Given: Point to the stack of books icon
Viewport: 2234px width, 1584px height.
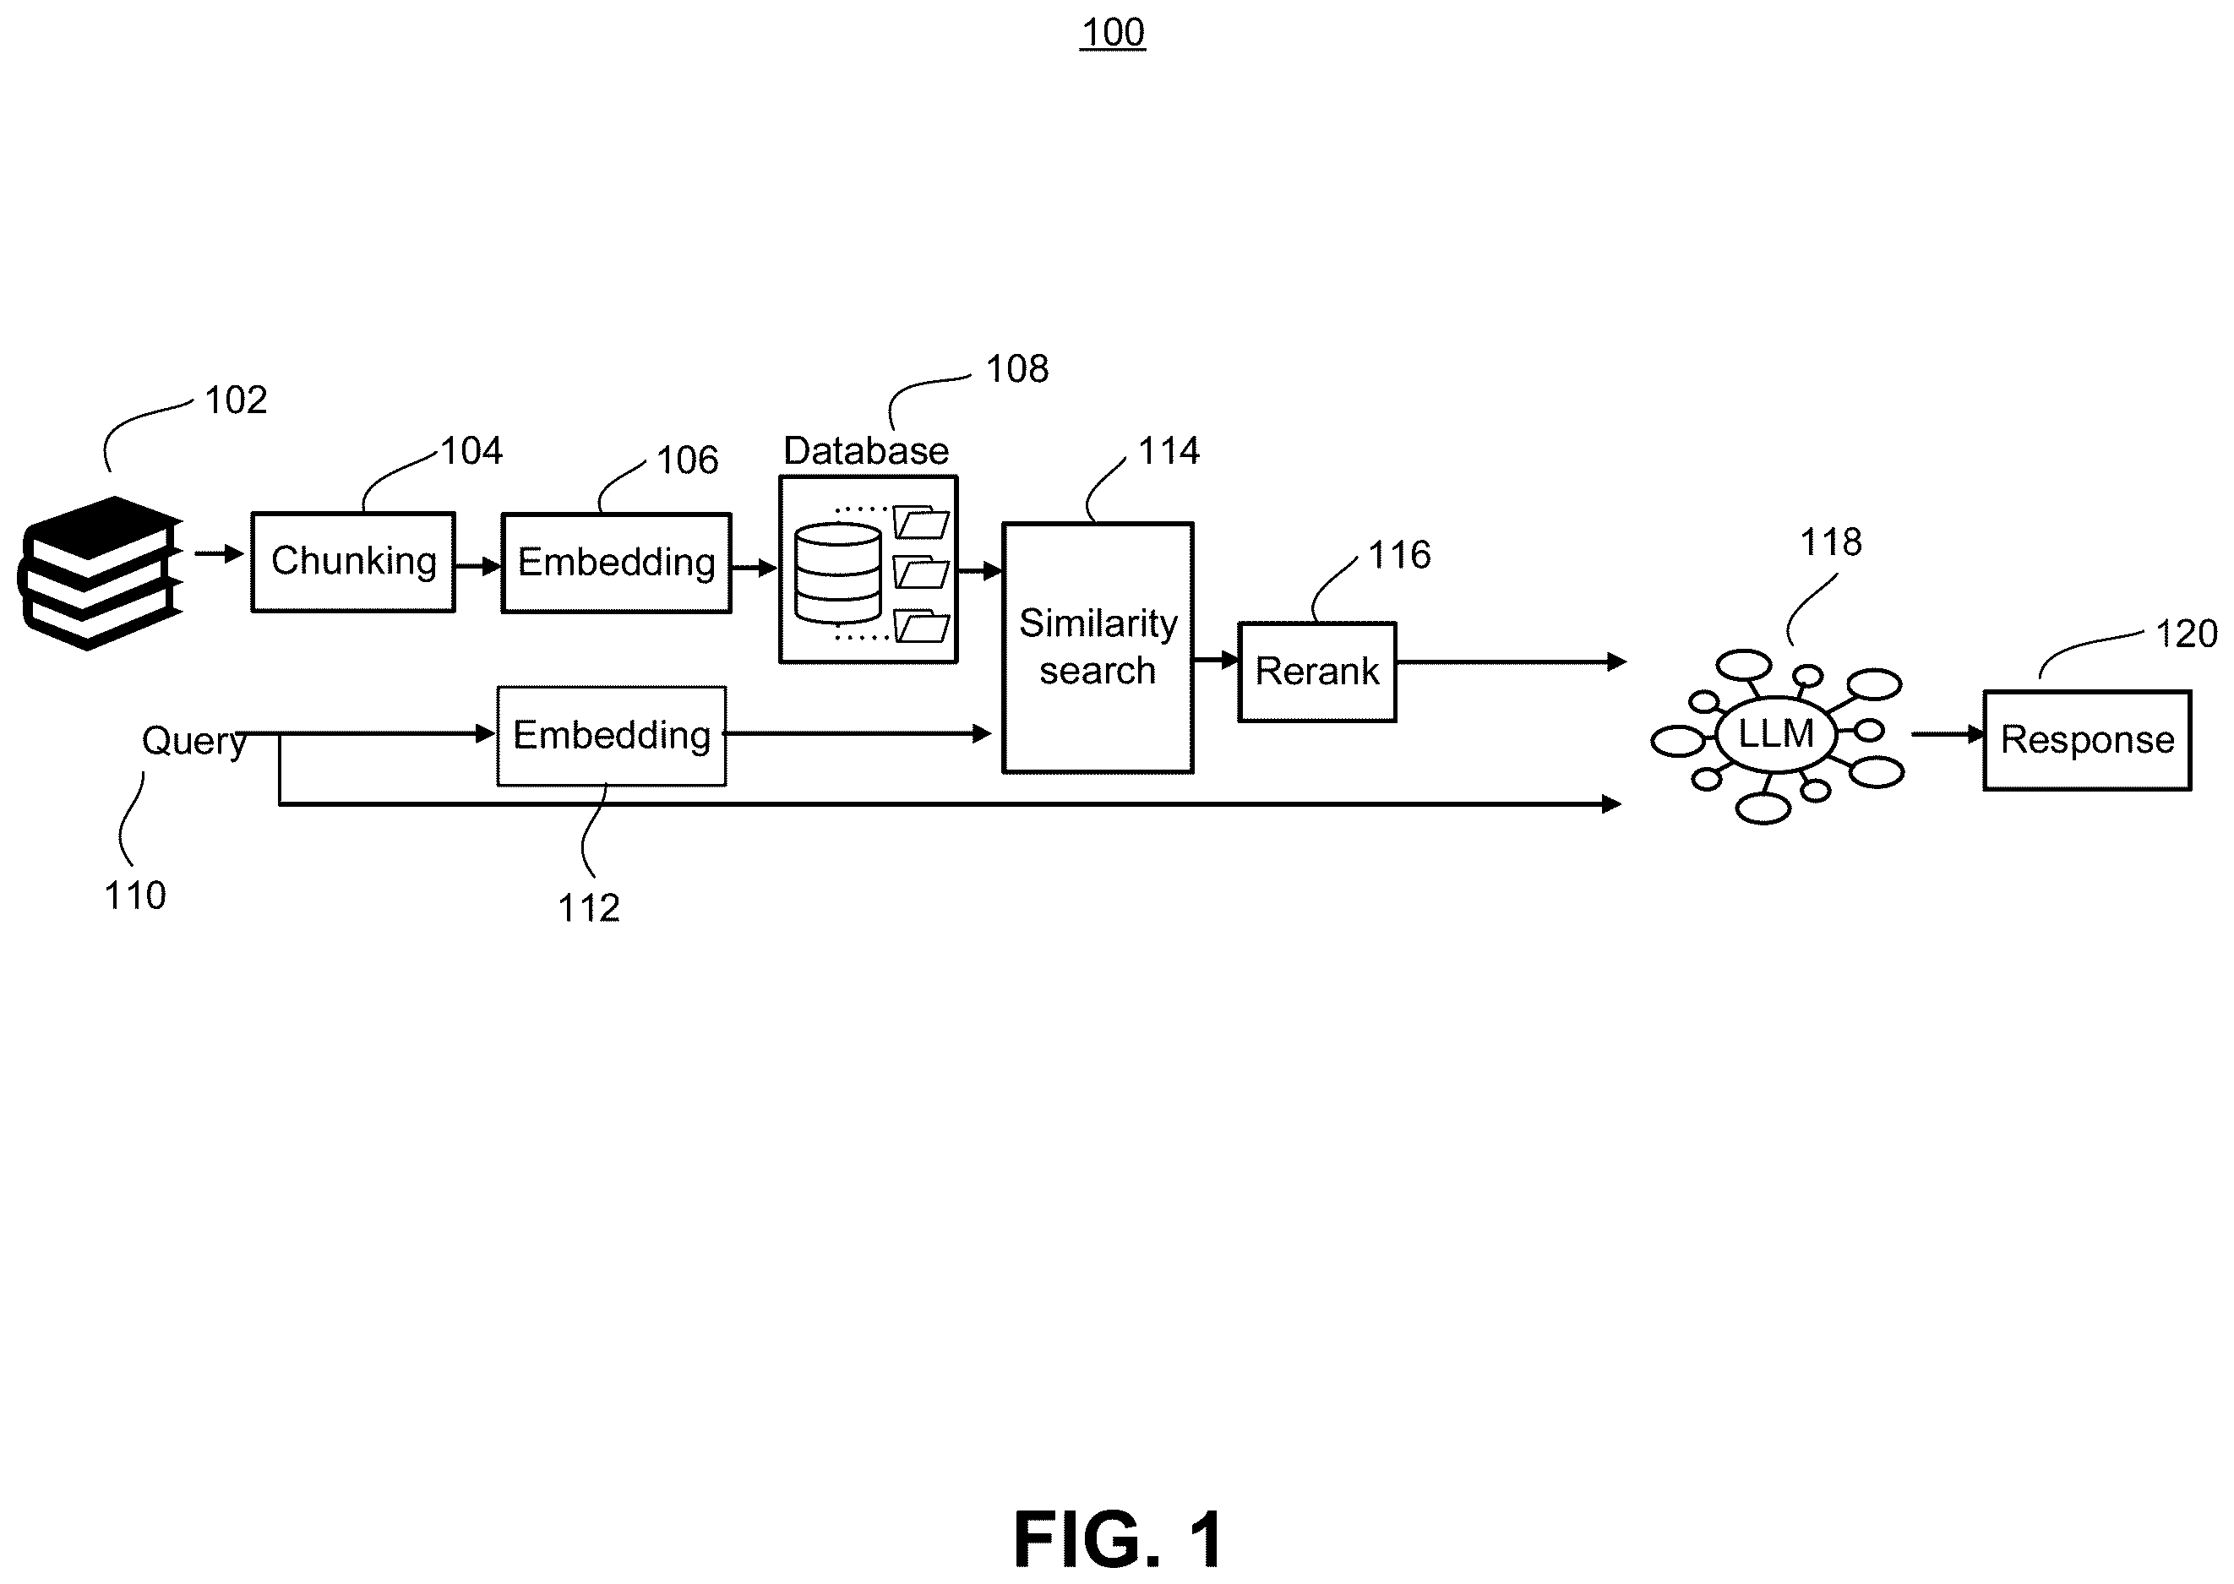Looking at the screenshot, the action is point(100,573).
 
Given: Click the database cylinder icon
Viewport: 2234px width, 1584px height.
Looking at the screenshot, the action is point(838,573).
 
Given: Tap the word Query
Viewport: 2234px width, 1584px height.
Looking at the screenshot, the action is point(194,741).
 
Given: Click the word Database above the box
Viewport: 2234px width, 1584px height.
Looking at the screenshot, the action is point(866,450).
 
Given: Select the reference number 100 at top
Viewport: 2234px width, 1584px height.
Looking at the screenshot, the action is point(1113,33).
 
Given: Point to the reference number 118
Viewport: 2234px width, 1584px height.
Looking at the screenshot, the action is point(1831,542).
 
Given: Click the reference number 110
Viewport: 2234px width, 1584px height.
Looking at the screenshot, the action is point(135,895).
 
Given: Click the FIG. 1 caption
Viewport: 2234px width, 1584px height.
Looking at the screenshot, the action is point(1118,1539).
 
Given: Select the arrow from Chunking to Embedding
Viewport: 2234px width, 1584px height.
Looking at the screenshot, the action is point(478,566).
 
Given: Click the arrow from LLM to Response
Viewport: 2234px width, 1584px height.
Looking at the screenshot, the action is point(1948,733).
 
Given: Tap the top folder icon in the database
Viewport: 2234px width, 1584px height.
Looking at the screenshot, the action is point(921,523).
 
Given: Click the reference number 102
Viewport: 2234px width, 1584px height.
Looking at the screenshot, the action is point(236,400).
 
